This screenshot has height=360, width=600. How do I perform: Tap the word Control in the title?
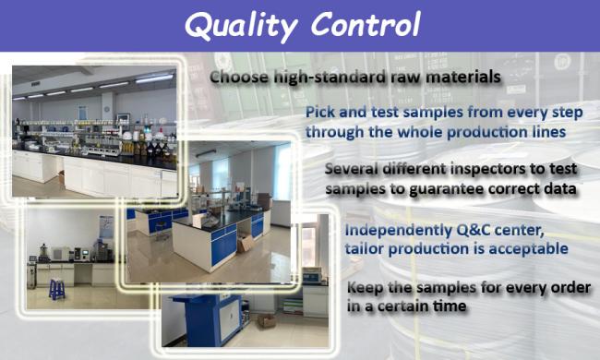click(x=365, y=25)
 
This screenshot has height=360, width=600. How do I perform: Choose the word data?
click(x=558, y=188)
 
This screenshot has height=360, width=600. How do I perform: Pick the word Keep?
click(x=367, y=288)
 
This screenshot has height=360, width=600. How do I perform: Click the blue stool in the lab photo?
click(x=56, y=289)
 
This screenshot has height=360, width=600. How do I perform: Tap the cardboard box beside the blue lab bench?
click(x=246, y=244)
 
